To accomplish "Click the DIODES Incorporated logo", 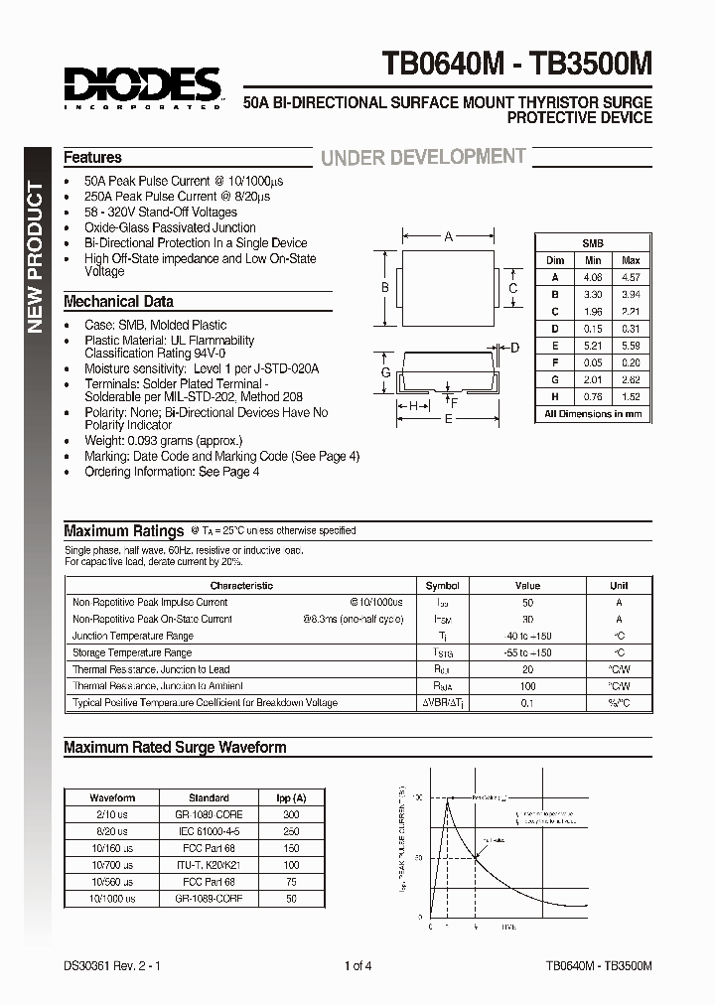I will pyautogui.click(x=143, y=85).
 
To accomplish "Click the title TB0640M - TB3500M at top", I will pyautogui.click(x=517, y=65).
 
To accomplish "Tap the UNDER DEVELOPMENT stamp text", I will pyautogui.click(x=422, y=157).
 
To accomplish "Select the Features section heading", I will pyautogui.click(x=92, y=157).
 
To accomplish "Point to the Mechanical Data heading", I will pyautogui.click(x=118, y=301).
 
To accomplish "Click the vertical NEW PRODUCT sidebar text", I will pyautogui.click(x=34, y=258).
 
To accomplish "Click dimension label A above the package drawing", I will pyautogui.click(x=449, y=237).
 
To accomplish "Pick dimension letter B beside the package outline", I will pyautogui.click(x=384, y=288).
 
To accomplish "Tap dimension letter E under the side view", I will pyautogui.click(x=449, y=419).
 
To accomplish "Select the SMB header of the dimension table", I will pyautogui.click(x=593, y=242).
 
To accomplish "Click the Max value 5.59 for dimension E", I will pyautogui.click(x=631, y=345).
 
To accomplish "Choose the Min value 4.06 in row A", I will pyautogui.click(x=593, y=277).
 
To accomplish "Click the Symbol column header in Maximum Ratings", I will pyautogui.click(x=442, y=586).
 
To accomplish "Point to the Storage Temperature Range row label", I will pyautogui.click(x=132, y=652).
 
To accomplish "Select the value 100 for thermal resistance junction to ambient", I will pyautogui.click(x=527, y=686).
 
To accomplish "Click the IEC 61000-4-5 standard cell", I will pyautogui.click(x=209, y=830).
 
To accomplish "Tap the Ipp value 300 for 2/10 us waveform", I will pyautogui.click(x=290, y=813).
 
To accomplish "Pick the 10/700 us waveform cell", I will pyautogui.click(x=112, y=864).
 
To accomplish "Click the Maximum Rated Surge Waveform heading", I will pyautogui.click(x=175, y=747).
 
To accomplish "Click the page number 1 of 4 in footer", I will pyautogui.click(x=357, y=965).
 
